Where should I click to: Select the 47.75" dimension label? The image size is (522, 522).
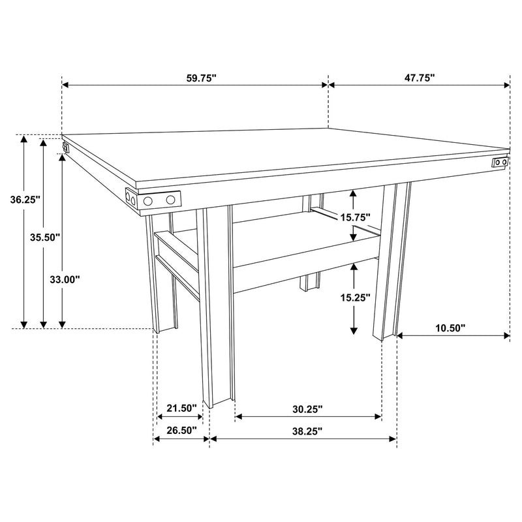(419, 78)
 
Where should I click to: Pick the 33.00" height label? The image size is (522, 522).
(65, 280)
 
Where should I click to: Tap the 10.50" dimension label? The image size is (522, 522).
(450, 328)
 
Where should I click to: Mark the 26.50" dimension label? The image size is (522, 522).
(181, 431)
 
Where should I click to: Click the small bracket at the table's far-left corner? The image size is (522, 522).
(65, 146)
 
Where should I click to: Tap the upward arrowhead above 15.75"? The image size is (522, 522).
(353, 193)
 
